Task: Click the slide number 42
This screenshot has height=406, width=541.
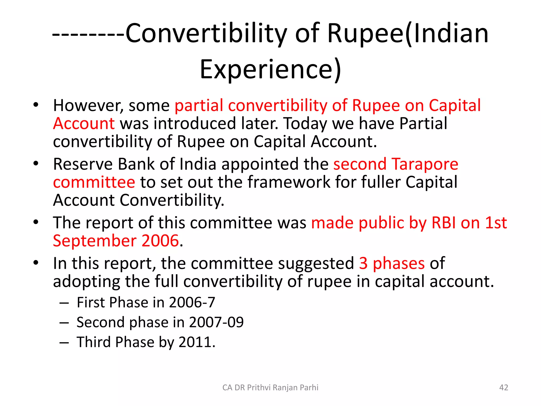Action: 503,387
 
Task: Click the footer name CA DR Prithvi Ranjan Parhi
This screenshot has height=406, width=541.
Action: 270,387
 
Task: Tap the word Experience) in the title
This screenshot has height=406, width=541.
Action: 270,69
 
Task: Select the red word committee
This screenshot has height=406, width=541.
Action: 94,182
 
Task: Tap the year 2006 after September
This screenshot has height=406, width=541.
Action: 160,241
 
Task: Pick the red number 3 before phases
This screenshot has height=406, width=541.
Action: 363,264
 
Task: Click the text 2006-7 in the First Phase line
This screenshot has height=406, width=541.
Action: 192,302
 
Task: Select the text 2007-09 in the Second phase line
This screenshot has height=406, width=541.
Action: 216,322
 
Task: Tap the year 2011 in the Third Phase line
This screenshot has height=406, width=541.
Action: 195,342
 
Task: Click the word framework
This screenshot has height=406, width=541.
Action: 289,182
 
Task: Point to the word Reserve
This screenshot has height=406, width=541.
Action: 83,164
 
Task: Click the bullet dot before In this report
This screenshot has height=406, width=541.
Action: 36,263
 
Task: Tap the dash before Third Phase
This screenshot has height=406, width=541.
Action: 64,343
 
